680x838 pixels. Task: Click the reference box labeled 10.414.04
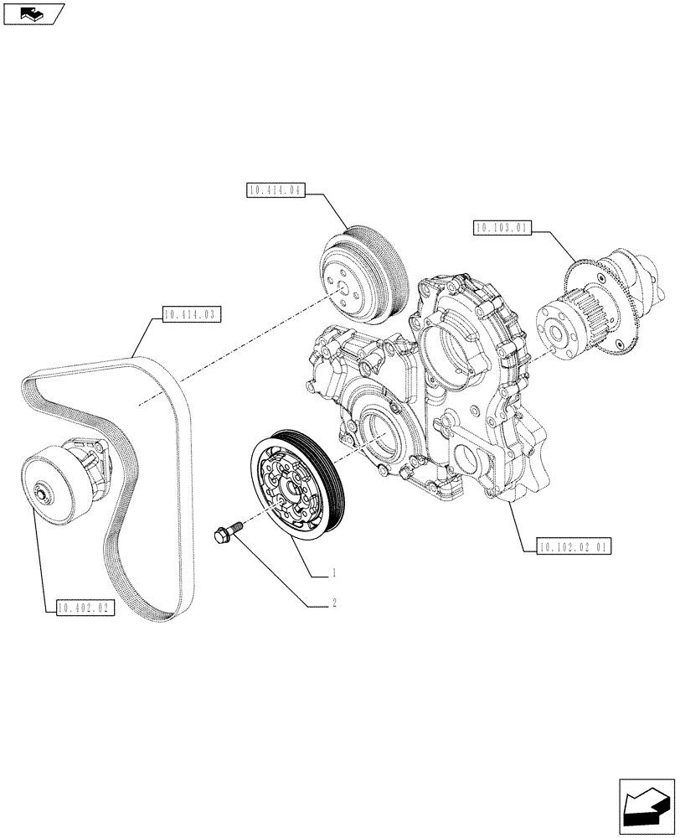[274, 190]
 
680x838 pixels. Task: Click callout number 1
[334, 574]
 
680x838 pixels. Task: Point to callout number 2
[334, 603]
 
